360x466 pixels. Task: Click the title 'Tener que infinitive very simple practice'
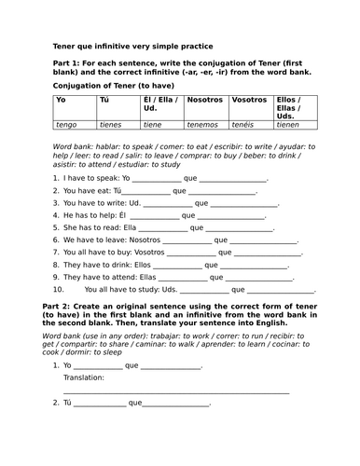132,46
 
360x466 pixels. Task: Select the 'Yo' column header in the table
61,98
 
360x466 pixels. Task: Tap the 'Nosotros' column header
203,98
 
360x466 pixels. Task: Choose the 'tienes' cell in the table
110,122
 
